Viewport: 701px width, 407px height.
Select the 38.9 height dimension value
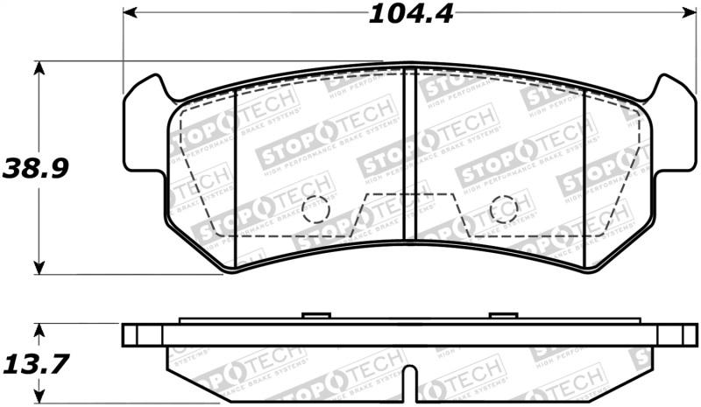coord(35,167)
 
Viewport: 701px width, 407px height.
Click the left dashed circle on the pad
coord(315,209)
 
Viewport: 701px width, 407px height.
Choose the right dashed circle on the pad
coord(503,209)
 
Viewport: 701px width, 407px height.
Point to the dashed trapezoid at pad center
coord(408,214)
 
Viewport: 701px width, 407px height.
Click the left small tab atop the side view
coord(314,316)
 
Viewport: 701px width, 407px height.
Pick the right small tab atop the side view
coord(503,316)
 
